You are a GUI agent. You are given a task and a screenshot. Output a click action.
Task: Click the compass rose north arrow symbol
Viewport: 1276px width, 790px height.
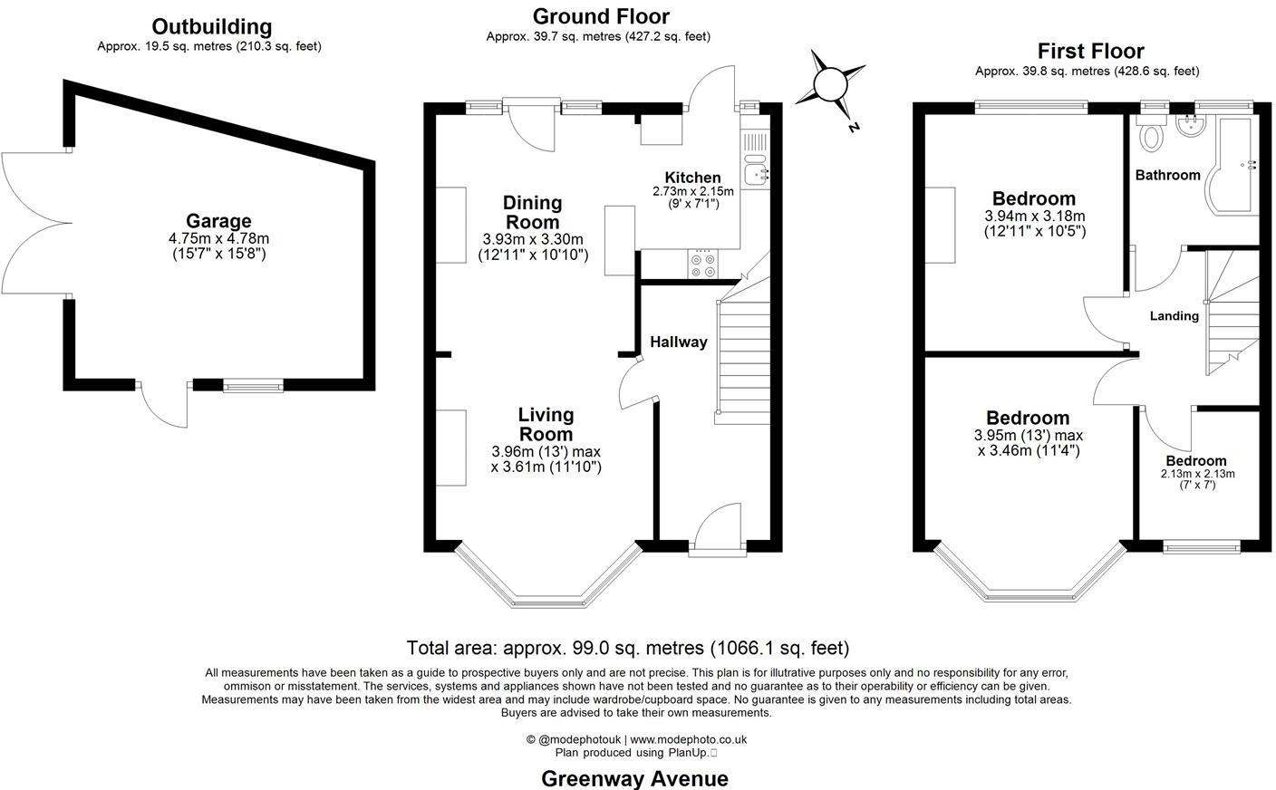(x=828, y=84)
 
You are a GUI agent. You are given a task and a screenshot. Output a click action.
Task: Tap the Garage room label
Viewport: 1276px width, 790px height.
(x=218, y=221)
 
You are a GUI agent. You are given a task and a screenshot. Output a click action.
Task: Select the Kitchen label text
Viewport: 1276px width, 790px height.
(x=692, y=178)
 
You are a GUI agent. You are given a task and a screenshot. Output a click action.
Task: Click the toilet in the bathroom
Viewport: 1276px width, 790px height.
(x=1152, y=136)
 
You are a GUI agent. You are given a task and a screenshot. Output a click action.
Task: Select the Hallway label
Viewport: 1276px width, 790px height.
(x=678, y=342)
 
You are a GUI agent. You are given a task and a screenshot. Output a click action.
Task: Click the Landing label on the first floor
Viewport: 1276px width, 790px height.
(x=1174, y=316)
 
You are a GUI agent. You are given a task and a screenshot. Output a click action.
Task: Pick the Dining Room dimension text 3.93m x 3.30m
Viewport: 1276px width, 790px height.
(x=533, y=239)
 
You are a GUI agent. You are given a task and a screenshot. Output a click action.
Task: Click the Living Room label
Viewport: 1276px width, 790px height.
(x=546, y=424)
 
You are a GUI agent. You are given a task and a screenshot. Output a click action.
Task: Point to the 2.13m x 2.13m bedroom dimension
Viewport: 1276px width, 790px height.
(x=1197, y=474)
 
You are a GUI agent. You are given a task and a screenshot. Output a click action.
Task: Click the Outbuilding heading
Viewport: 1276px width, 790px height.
(x=211, y=26)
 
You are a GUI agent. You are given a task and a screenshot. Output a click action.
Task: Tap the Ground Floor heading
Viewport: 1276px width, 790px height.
(x=600, y=16)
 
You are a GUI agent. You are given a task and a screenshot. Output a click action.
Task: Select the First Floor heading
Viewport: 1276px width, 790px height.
(x=1090, y=51)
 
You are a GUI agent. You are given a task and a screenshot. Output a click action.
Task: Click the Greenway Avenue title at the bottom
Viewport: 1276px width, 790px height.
(x=634, y=778)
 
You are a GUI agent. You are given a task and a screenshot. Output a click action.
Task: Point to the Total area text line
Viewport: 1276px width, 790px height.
(x=627, y=648)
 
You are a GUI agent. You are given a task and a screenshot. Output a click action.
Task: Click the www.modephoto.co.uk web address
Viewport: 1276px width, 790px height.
(x=688, y=739)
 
